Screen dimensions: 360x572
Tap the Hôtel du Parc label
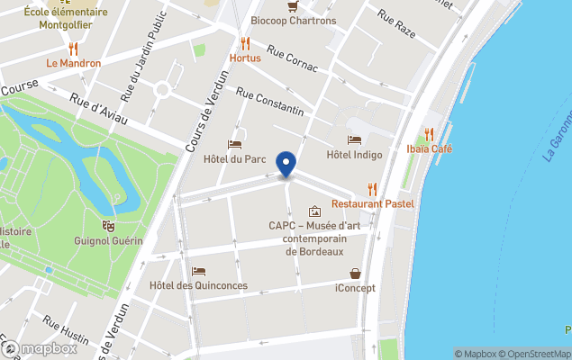[236, 159]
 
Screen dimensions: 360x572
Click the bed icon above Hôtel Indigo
[354, 140]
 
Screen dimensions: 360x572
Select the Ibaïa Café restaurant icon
[429, 133]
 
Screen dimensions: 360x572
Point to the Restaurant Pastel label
[372, 203]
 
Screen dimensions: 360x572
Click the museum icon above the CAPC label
[313, 211]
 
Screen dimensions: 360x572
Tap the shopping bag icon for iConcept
[355, 274]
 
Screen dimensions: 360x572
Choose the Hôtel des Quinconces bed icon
[199, 272]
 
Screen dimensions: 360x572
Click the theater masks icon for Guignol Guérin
[108, 226]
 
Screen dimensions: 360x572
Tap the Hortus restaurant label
[245, 58]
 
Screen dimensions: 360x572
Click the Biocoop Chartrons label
[293, 21]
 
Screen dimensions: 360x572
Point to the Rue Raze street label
[396, 17]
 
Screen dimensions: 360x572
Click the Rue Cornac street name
[290, 61]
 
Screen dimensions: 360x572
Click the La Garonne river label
[558, 135]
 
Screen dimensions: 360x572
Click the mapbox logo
[40, 349]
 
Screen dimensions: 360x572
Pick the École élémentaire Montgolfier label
[66, 18]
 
